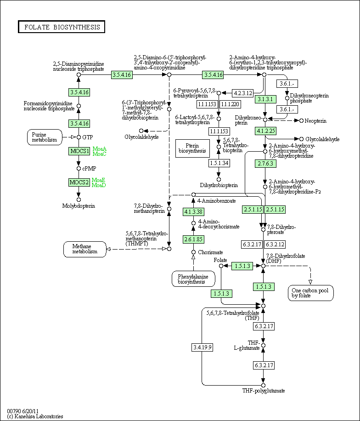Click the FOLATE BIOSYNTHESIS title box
pyautogui.click(x=62, y=27)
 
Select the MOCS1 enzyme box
pyautogui.click(x=79, y=151)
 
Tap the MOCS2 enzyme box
pyautogui.click(x=79, y=182)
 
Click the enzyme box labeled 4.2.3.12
pyautogui.click(x=243, y=93)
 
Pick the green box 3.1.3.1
pyautogui.click(x=265, y=99)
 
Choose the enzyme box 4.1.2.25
pyautogui.click(x=265, y=131)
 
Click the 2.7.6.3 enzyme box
pyautogui.click(x=265, y=164)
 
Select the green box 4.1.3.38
pyautogui.click(x=193, y=212)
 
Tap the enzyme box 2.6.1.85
pyautogui.click(x=193, y=239)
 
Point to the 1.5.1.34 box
pyautogui.click(x=219, y=163)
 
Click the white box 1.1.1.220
pyautogui.click(x=230, y=104)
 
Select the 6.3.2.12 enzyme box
pyautogui.click(x=275, y=245)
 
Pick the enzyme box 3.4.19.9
pyautogui.click(x=202, y=347)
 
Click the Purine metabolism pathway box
pyautogui.click(x=45, y=137)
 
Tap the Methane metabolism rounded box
pyautogui.click(x=85, y=249)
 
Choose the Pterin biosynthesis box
pyautogui.click(x=192, y=148)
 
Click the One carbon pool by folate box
pyautogui.click(x=311, y=293)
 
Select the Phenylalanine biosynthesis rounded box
pyautogui.click(x=193, y=279)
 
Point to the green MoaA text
pyautogui.click(x=100, y=149)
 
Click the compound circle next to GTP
pyautogui.click(x=79, y=137)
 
